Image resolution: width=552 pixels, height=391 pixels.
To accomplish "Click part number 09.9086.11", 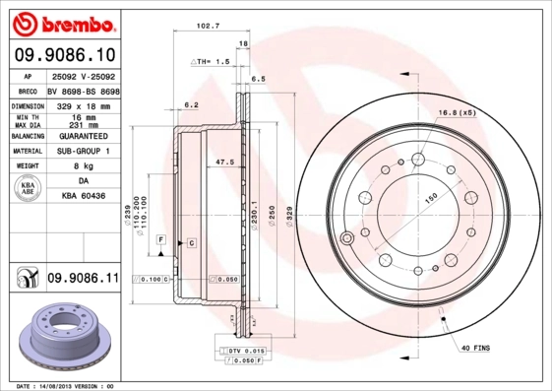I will point(83,279).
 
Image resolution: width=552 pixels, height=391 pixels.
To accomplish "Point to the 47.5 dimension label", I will point(223,162).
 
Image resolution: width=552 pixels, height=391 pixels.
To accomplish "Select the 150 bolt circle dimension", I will point(430,199).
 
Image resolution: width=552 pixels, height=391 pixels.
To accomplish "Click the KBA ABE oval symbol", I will point(29,188).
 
